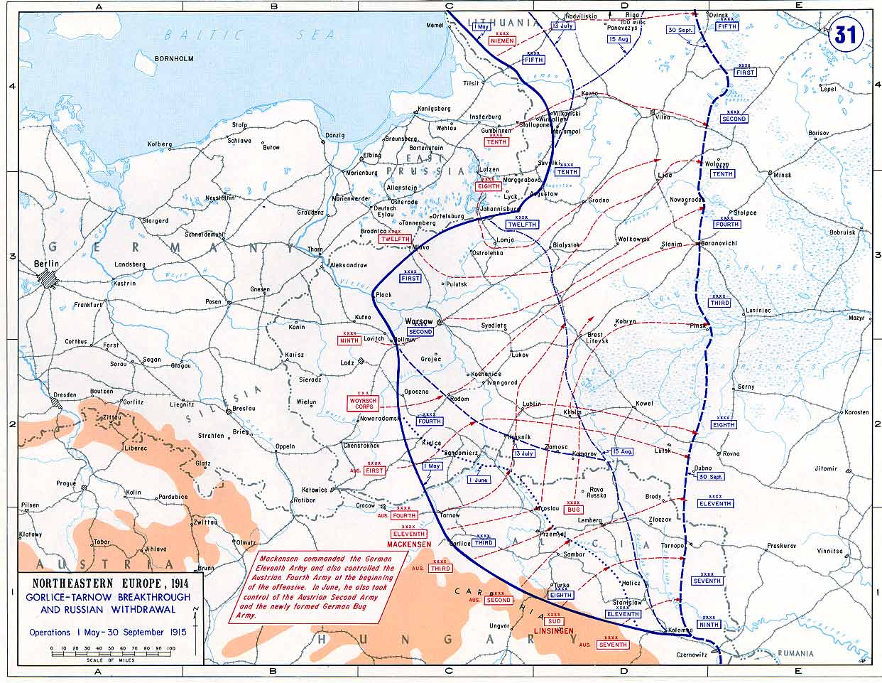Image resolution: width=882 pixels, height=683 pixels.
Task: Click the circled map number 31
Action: [x=844, y=35]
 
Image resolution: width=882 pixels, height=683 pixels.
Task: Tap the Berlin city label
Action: [x=47, y=264]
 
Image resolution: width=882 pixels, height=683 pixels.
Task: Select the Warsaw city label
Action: [x=419, y=321]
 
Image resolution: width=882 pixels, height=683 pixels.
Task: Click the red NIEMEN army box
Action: [x=503, y=41]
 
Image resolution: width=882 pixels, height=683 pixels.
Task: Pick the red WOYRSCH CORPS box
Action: [x=362, y=404]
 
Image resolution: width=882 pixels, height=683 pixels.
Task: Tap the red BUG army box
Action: [x=573, y=510]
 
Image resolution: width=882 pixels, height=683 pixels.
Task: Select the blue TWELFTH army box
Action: [x=522, y=225]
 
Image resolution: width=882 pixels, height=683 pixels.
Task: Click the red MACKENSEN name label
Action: [x=409, y=544]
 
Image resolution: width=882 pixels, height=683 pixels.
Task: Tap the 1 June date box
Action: [x=479, y=480]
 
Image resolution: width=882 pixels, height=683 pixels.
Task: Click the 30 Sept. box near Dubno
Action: [x=710, y=476]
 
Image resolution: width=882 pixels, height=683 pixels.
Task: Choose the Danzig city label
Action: [x=334, y=135]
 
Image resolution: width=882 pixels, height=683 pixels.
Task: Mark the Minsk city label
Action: [x=782, y=175]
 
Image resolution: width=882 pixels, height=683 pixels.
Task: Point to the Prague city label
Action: [x=66, y=483]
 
